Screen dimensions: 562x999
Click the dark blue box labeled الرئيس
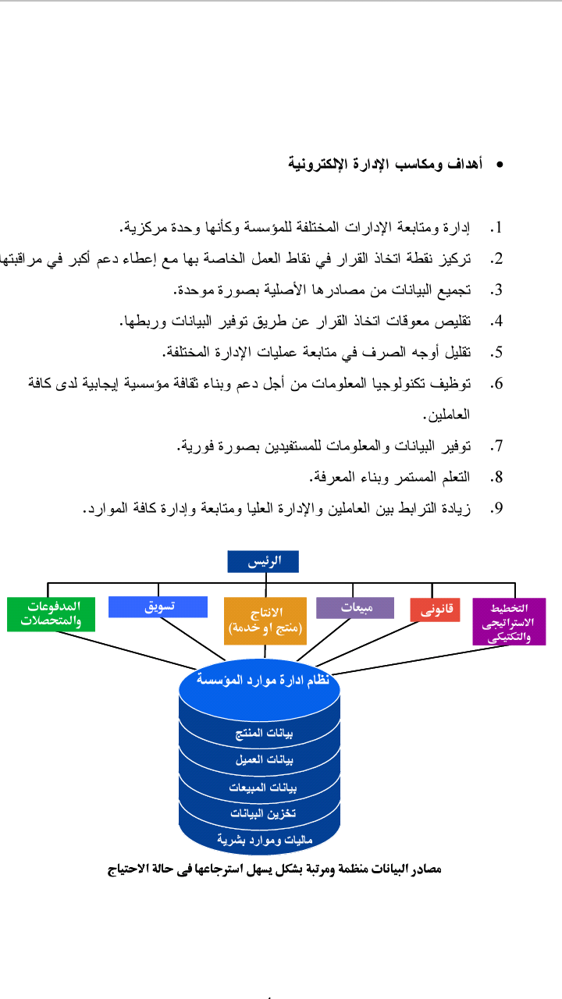[263, 561]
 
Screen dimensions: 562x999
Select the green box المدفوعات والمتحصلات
[51, 614]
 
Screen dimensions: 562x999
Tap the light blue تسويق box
[158, 607]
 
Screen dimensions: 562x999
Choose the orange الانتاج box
[265, 620]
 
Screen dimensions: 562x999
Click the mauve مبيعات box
[355, 608]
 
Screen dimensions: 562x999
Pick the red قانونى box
[435, 610]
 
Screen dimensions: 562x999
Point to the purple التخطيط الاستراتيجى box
[510, 622]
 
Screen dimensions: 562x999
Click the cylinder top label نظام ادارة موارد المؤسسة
[263, 680]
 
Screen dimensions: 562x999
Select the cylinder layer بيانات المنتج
[264, 733]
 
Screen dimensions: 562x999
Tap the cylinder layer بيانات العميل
[265, 759]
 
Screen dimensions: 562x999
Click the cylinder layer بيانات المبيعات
[263, 787]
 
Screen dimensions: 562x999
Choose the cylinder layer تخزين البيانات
[263, 813]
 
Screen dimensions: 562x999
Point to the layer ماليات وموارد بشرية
[265, 840]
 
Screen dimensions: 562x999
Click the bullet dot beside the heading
[500, 165]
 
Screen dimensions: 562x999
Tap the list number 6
[496, 383]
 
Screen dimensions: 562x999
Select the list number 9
[496, 508]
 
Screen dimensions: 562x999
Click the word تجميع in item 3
[454, 290]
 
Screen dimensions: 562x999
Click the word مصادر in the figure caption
[425, 869]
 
